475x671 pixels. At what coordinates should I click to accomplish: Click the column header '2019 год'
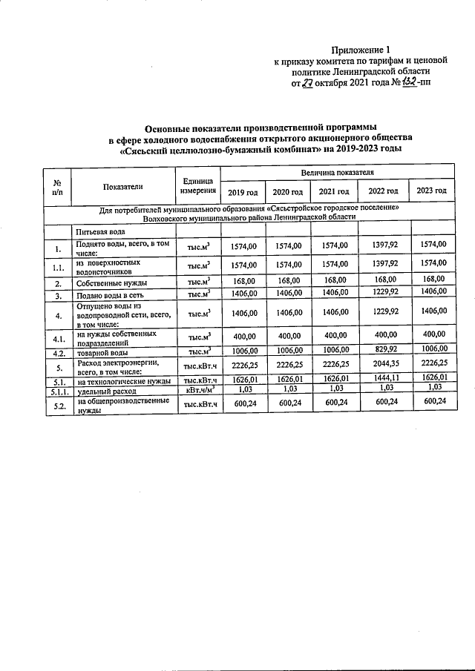click(x=241, y=191)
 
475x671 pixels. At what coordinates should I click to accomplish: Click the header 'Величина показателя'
click(x=335, y=172)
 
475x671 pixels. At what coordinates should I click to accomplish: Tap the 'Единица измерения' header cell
click(x=197, y=185)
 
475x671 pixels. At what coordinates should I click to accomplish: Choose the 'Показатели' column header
click(x=123, y=185)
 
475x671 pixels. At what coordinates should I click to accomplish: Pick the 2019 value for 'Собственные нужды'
click(x=241, y=280)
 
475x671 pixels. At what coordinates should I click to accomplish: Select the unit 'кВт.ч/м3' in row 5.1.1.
click(x=197, y=387)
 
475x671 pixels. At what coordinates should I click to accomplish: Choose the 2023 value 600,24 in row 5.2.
click(x=431, y=401)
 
